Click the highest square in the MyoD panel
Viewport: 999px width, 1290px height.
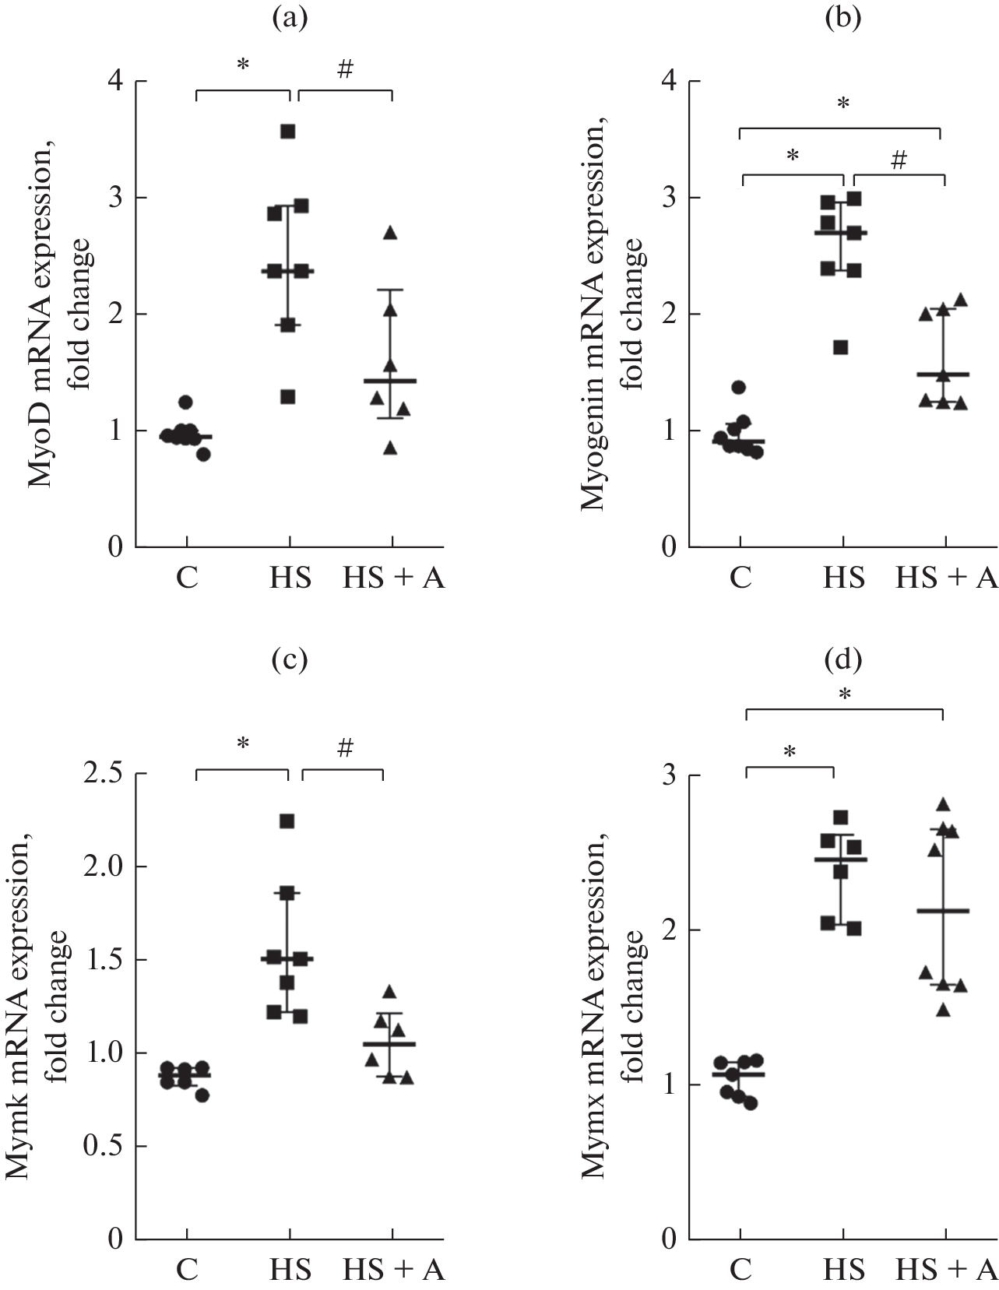click(287, 132)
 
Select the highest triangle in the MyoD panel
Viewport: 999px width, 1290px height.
click(390, 233)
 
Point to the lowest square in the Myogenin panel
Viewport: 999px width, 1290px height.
click(840, 347)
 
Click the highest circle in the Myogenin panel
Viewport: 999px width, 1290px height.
click(739, 387)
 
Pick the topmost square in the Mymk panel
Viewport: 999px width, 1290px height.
click(287, 821)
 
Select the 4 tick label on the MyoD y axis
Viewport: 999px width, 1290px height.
click(115, 82)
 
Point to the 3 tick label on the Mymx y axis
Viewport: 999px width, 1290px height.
click(668, 775)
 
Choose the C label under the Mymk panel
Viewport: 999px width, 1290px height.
click(186, 1271)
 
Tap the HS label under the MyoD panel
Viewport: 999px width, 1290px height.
click(290, 579)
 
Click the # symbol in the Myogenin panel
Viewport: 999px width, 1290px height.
click(899, 160)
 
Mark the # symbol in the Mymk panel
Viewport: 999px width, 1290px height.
click(346, 749)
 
